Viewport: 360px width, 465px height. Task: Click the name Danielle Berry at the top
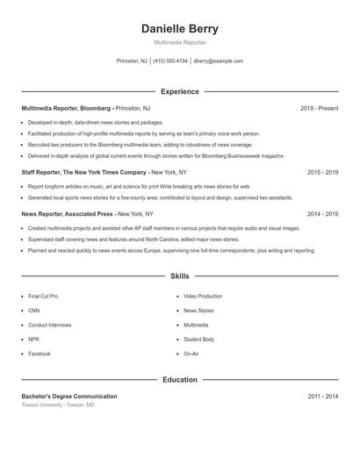tap(180, 29)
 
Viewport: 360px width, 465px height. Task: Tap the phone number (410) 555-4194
tap(170, 61)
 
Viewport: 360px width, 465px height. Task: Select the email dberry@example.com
tap(218, 61)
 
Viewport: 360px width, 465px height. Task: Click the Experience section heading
tap(180, 91)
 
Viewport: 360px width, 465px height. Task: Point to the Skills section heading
tap(180, 276)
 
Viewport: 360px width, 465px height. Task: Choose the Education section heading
tap(180, 380)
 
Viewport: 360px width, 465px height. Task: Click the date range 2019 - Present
tap(319, 108)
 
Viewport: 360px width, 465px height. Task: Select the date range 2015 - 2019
tap(322, 172)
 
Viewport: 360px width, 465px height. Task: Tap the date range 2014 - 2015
tap(322, 213)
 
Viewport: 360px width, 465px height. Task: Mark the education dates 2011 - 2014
tap(322, 397)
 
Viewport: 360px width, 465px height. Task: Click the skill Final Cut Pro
tap(43, 297)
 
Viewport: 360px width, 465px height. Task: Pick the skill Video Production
tap(203, 297)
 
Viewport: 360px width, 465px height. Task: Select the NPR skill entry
tap(33, 339)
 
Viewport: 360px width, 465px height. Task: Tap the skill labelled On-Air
tap(191, 354)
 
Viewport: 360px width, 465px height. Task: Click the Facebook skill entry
tap(39, 354)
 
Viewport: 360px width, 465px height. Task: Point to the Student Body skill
tap(198, 339)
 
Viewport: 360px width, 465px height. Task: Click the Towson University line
tap(58, 405)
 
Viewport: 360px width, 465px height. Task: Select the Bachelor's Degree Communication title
tap(68, 397)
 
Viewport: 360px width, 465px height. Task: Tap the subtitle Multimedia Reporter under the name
tap(180, 42)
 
